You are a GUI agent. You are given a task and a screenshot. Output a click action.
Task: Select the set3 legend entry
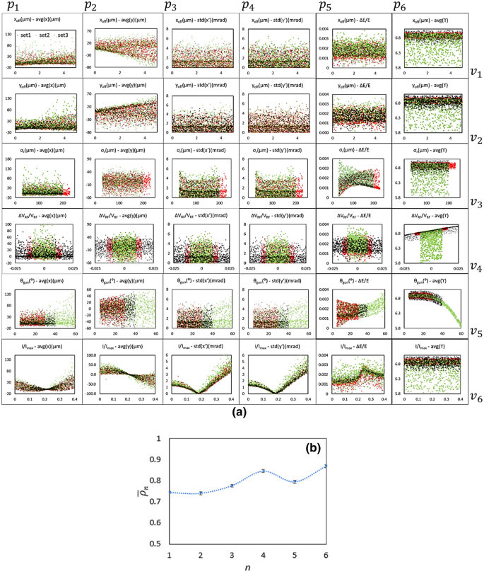tap(62, 35)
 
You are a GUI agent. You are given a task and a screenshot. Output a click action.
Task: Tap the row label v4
tap(476, 267)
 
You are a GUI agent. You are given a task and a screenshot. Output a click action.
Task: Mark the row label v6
tap(476, 397)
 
